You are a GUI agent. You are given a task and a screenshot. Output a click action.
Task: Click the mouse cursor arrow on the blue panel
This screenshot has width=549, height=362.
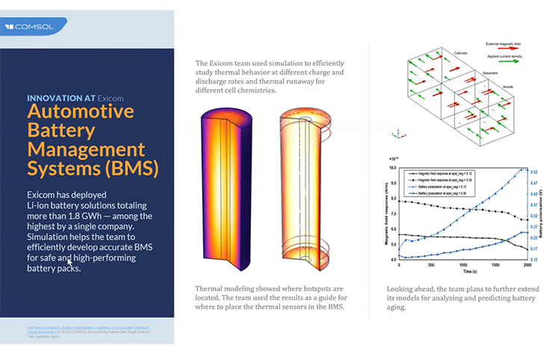(69, 262)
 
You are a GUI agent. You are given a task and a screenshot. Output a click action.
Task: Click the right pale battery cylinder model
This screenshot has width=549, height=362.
(303, 187)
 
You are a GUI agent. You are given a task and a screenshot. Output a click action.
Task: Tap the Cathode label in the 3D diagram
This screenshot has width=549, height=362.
(461, 54)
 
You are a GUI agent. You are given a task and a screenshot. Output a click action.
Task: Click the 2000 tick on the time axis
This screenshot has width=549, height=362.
(527, 265)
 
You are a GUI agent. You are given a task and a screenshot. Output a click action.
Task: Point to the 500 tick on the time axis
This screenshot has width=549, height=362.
(431, 265)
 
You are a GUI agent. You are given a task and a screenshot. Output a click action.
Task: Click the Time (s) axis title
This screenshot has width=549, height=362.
(463, 271)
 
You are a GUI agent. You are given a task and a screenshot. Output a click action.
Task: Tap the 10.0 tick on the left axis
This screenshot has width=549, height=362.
(392, 169)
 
